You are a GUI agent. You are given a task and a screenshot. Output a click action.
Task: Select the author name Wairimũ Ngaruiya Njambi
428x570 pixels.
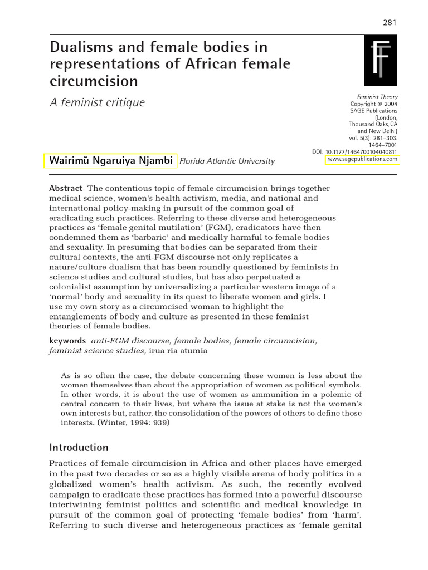coord(110,161)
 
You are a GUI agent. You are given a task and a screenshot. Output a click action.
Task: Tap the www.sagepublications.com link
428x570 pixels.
coord(362,159)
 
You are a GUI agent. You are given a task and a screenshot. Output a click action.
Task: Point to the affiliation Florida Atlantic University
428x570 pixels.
coord(227,161)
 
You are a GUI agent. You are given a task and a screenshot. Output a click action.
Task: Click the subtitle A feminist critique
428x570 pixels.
coord(97,103)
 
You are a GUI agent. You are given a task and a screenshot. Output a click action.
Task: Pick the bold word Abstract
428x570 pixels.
coord(66,189)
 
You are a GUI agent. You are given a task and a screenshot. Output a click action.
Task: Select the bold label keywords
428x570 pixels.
coord(67,341)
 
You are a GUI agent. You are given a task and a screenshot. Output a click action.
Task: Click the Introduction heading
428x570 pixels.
coord(79,447)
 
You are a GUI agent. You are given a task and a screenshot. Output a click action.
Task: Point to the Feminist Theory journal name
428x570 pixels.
coord(377,97)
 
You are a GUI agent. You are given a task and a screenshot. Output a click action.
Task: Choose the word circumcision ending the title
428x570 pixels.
coord(94,81)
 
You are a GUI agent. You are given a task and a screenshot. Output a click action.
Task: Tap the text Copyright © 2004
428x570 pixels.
coord(374,104)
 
